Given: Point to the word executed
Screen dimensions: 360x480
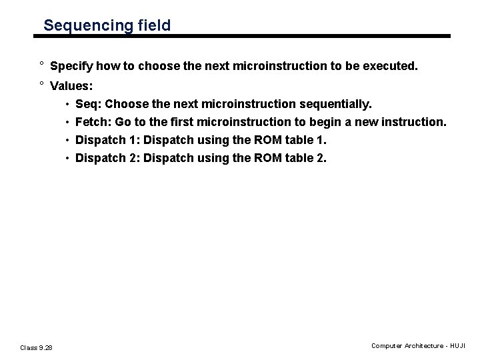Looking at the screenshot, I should click(391, 67).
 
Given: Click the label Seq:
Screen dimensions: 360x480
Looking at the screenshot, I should click(89, 104).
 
